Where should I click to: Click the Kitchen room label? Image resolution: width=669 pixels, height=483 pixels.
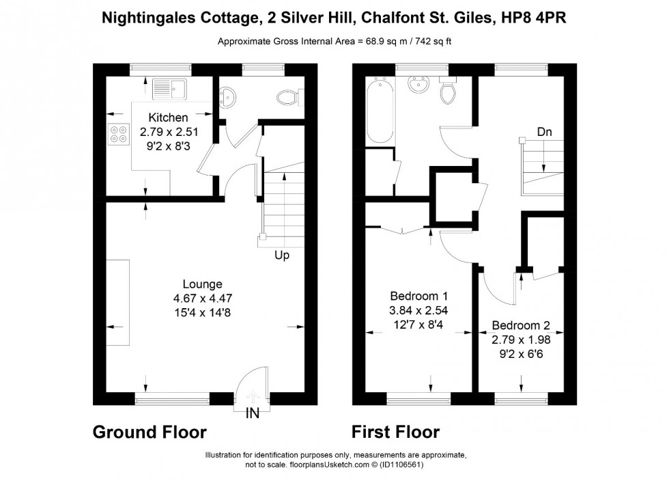[168, 118]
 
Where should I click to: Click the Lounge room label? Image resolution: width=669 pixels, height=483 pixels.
[202, 284]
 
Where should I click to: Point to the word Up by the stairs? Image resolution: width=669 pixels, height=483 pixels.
[282, 256]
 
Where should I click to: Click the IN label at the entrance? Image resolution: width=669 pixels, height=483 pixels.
[253, 414]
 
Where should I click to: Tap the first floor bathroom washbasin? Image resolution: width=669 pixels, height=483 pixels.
[418, 86]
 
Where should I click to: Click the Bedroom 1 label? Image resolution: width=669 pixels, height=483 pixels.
[418, 296]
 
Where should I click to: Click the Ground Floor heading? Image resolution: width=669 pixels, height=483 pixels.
[149, 432]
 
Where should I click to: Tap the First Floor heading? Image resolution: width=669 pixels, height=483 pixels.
[395, 432]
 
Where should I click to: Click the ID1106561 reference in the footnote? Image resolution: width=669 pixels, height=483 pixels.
[402, 465]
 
